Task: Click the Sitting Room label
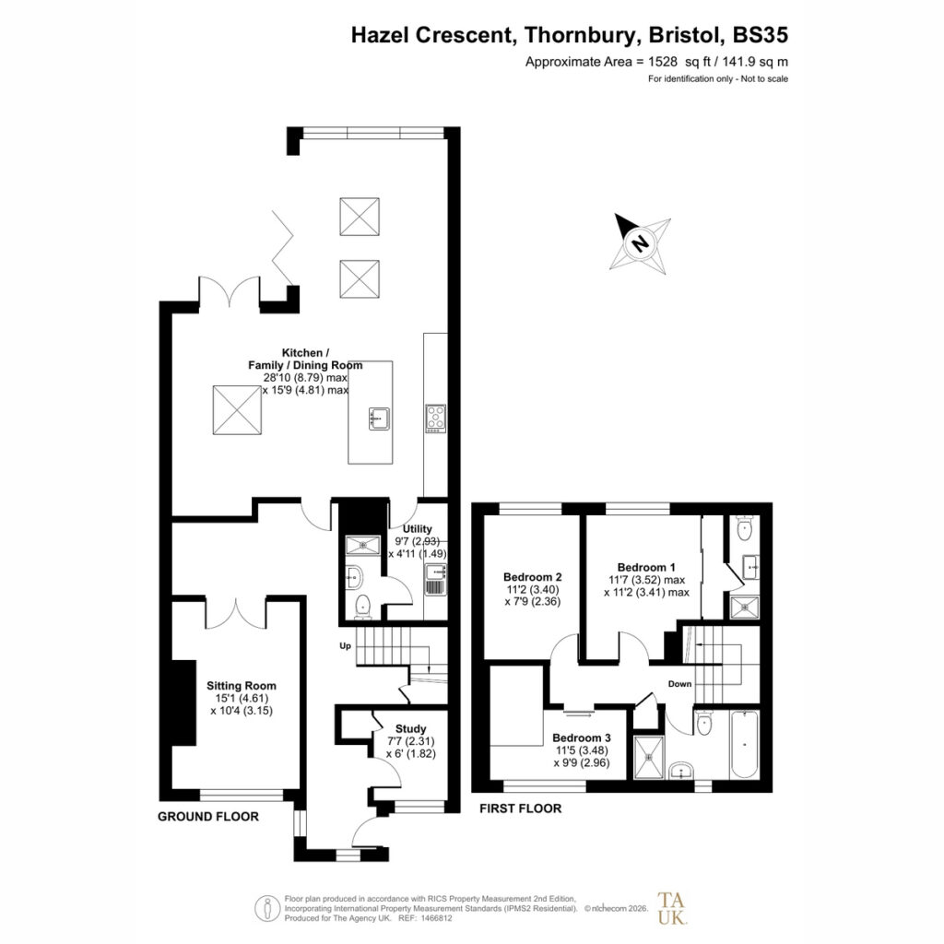coord(242,685)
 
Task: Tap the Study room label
coord(410,728)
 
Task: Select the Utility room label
coord(418,528)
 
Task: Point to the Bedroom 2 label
coord(533,577)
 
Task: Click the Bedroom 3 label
coord(582,737)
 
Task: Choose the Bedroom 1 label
coord(646,567)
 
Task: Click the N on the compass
coord(640,243)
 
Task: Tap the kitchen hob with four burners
coord(436,418)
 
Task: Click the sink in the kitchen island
coord(379,419)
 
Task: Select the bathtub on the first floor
coord(745,745)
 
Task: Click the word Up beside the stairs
coord(345,646)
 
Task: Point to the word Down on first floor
coord(679,684)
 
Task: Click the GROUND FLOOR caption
coord(208,817)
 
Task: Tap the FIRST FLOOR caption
coord(520,808)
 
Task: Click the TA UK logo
coord(672,908)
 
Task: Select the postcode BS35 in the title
coord(761,35)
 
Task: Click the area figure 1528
coord(663,62)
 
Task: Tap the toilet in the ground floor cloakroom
coord(363,607)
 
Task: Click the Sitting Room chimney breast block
coord(184,702)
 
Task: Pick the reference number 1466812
coord(438,919)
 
